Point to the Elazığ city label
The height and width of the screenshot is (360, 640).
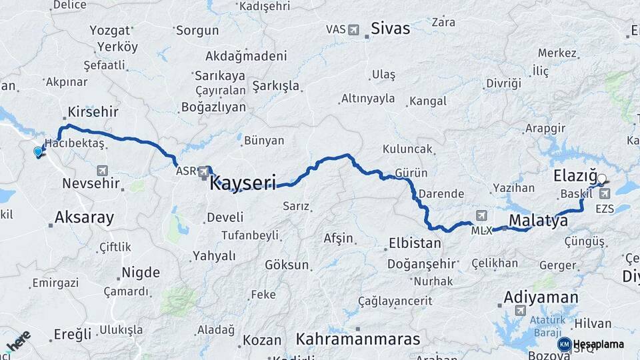click(x=574, y=177)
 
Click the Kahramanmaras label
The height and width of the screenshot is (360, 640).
click(x=358, y=339)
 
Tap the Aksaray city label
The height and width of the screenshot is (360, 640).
click(x=84, y=217)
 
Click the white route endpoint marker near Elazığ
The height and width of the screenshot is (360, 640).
click(x=602, y=179)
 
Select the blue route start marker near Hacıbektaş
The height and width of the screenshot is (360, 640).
click(x=38, y=152)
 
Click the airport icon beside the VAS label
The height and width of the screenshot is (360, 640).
click(x=353, y=29)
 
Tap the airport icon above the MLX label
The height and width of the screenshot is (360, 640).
click(x=481, y=215)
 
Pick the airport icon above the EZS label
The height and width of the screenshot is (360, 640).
click(x=605, y=194)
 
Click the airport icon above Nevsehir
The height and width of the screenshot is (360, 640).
click(x=102, y=171)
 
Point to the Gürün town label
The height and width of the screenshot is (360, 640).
click(x=411, y=173)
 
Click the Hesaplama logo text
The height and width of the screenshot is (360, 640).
click(x=597, y=344)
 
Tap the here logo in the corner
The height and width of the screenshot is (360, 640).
click(x=18, y=342)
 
